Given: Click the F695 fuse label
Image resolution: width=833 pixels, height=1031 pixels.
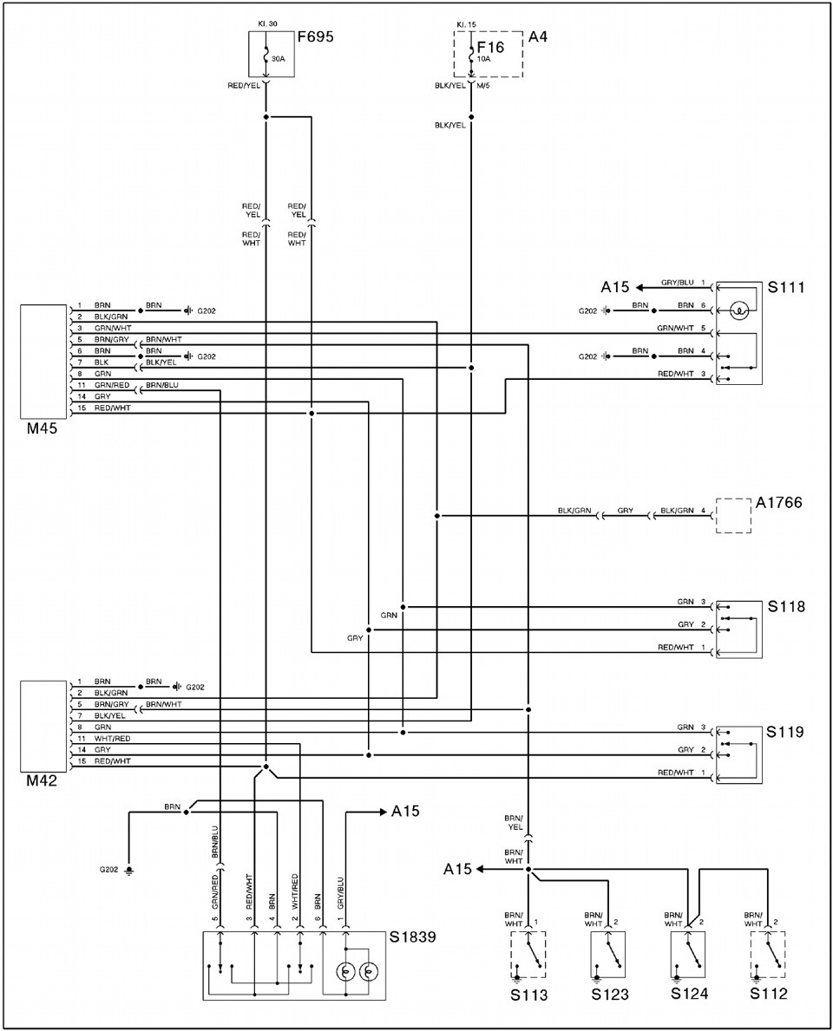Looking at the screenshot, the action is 315,36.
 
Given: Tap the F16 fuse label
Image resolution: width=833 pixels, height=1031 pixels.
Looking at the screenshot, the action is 490,48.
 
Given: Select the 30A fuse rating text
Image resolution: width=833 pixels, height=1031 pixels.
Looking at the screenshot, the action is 278,59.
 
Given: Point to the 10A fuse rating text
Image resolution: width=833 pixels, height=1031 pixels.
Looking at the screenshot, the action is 483,58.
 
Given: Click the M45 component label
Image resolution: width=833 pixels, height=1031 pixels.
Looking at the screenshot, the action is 43,429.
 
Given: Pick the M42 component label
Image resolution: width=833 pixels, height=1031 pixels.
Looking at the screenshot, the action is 43,781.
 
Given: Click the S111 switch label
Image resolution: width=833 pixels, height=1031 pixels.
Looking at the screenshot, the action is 786,287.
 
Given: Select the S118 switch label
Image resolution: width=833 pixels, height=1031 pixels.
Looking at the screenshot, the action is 786,605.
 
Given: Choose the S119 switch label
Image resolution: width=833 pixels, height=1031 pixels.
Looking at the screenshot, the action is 786,732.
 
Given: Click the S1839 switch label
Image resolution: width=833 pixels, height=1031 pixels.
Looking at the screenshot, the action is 412,936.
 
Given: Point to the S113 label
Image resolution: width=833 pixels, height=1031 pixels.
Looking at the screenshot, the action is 529,995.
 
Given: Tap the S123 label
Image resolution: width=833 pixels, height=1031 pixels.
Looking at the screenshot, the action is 610,995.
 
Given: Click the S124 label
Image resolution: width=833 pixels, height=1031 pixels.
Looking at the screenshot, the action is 690,994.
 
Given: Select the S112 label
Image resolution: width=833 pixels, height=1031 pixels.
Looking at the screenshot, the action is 769,994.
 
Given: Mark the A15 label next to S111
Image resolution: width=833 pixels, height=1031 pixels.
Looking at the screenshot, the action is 614,287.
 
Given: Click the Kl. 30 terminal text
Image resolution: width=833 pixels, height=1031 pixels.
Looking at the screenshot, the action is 268,23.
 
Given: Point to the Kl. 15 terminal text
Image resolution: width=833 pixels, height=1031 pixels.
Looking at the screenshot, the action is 466,25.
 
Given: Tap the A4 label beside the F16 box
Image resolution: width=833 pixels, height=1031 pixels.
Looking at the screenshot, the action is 538,36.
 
